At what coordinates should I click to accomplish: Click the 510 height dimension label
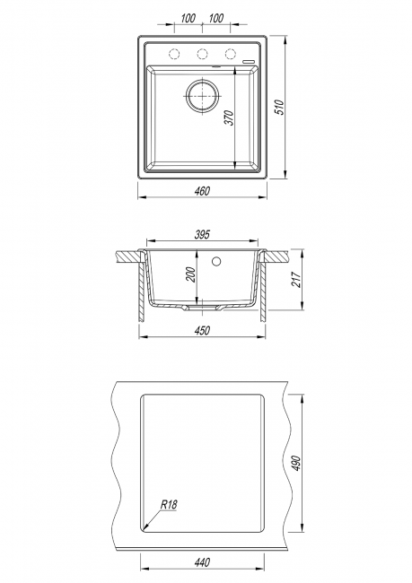point(281,107)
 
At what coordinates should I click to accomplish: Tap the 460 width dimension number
point(202,191)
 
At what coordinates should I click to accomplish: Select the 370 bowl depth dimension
point(230,117)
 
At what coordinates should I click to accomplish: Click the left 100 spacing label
point(188,18)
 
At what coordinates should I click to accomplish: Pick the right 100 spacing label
point(215,18)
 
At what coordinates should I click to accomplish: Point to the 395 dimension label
point(202,234)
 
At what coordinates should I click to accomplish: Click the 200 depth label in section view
point(191,274)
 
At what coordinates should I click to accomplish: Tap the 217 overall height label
point(296,279)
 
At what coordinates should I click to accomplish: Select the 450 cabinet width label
point(202,330)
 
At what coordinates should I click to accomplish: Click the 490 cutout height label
point(296,464)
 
